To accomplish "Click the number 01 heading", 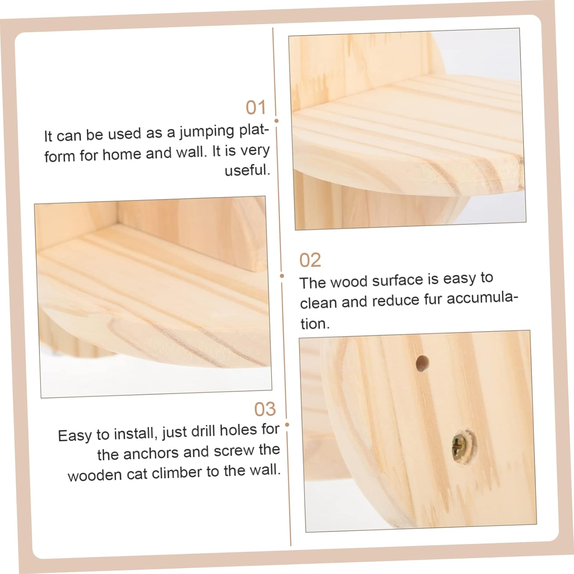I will (256, 108).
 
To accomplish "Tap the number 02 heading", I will (310, 261).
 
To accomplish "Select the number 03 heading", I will (265, 409).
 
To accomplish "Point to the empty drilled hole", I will (422, 363).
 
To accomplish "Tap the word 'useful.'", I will (247, 170).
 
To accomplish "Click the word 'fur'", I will (433, 299).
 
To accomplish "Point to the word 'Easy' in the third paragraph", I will (75, 435).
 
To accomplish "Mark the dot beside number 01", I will (277, 121).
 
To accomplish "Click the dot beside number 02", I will (282, 276).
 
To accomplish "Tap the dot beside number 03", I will (287, 425).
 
